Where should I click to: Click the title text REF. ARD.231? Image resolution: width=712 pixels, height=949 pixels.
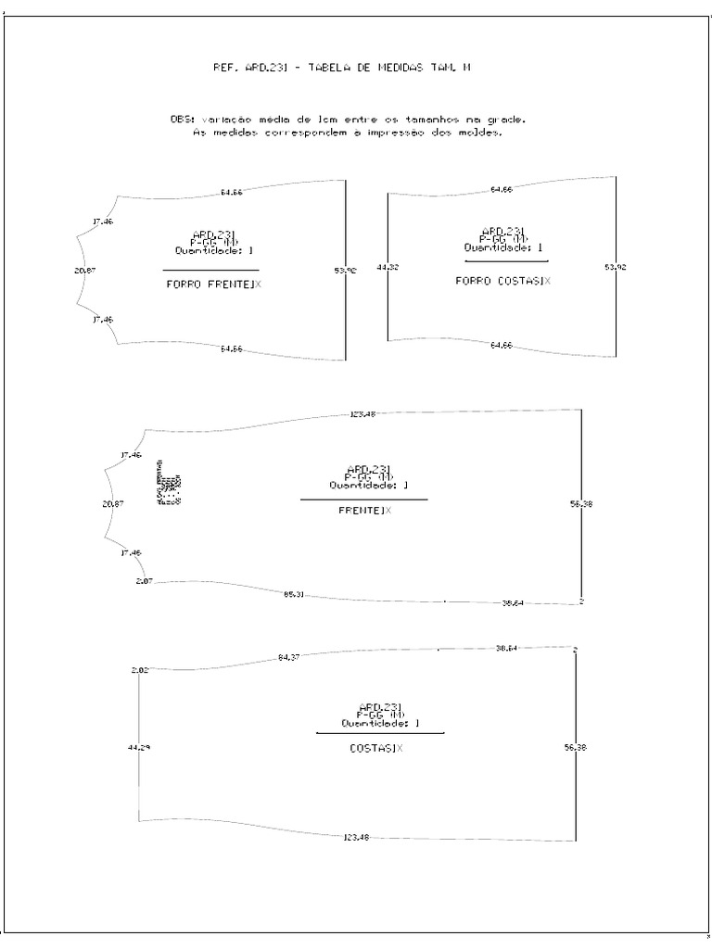pyautogui.click(x=250, y=67)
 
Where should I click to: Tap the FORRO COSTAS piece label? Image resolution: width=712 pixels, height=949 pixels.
pyautogui.click(x=502, y=280)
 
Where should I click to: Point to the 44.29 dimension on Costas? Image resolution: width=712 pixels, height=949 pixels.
pyautogui.click(x=138, y=747)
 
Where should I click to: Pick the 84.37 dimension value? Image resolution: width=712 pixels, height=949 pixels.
pyautogui.click(x=288, y=658)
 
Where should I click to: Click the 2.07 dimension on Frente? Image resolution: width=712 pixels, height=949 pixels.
pyautogui.click(x=143, y=581)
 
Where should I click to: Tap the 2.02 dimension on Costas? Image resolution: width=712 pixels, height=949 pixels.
pyautogui.click(x=139, y=669)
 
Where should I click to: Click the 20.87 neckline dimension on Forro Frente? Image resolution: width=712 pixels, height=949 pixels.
pyautogui.click(x=84, y=271)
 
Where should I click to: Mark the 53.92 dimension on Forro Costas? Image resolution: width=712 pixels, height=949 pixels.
pyautogui.click(x=616, y=267)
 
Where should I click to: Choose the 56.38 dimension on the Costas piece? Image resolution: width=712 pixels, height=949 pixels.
pyautogui.click(x=576, y=747)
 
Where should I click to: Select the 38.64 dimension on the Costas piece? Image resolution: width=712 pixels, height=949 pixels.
pyautogui.click(x=507, y=648)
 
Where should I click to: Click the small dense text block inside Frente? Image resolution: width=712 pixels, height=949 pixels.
pyautogui.click(x=168, y=485)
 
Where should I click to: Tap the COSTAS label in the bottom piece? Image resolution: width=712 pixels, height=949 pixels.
pyautogui.click(x=375, y=748)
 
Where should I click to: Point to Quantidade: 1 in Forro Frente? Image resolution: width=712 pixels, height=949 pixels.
pyautogui.click(x=214, y=250)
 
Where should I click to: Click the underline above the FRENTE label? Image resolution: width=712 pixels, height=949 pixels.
pyautogui.click(x=363, y=500)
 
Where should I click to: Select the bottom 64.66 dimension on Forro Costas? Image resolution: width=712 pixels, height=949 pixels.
pyautogui.click(x=501, y=345)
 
